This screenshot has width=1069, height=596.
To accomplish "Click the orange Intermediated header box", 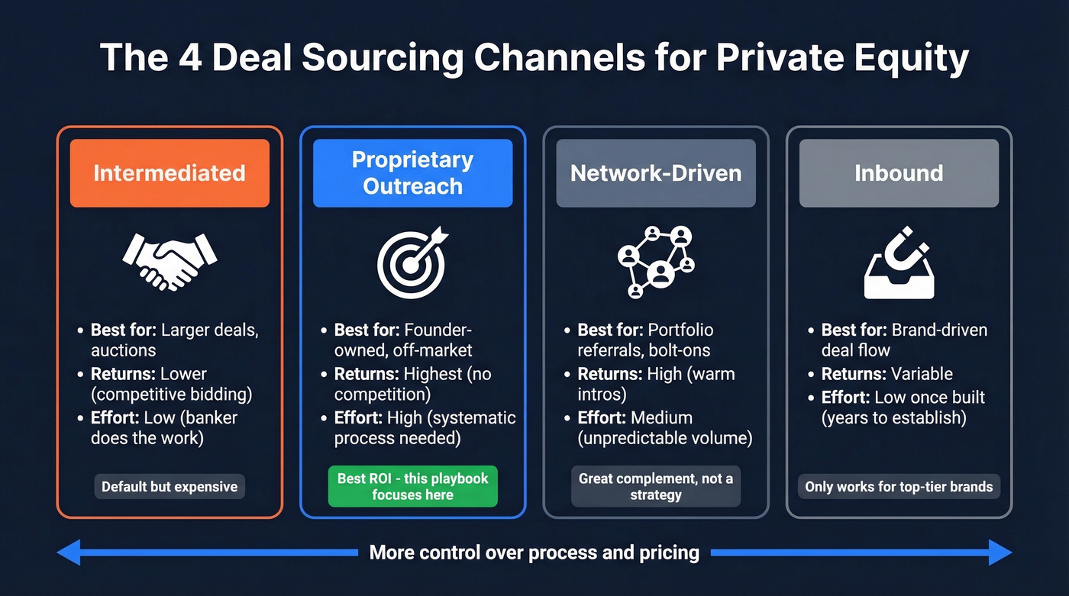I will tap(170, 173).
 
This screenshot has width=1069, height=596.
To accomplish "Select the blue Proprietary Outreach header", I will tap(412, 173).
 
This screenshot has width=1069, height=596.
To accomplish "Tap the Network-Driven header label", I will tap(656, 173).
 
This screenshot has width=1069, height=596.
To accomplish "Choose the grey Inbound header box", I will tap(899, 173).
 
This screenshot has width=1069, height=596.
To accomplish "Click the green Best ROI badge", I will tap(412, 486).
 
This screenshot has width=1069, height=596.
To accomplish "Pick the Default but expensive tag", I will tap(170, 486).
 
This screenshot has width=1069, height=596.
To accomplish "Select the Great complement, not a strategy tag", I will tap(656, 486).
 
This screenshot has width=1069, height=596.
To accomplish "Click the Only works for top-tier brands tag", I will tap(899, 486).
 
